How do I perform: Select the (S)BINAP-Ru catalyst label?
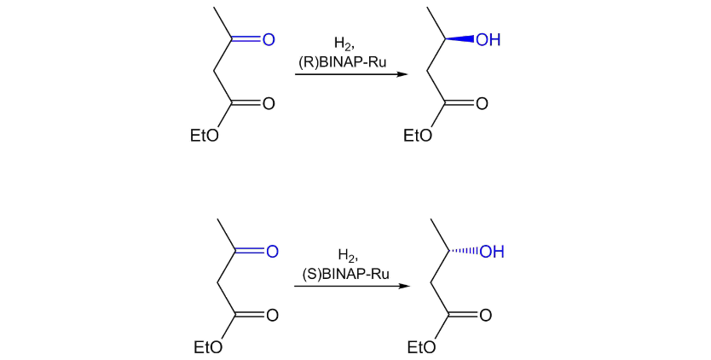pos(346,273)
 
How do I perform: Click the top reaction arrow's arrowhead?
pos(403,74)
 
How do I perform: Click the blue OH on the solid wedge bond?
pos(488,40)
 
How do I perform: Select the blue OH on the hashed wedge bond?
pos(492,252)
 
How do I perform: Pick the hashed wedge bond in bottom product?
pos(465,252)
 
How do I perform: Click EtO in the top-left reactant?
pos(203,136)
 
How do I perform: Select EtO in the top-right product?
pos(417,136)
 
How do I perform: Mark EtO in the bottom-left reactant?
pos(207,347)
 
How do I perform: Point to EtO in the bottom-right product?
pos(420,347)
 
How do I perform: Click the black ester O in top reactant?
pos(269,104)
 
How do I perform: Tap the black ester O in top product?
pos(482,104)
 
